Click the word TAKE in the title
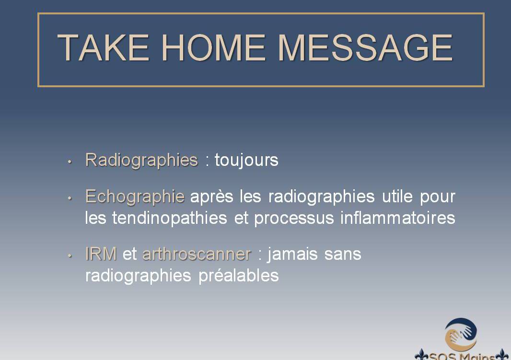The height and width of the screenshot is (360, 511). point(104,47)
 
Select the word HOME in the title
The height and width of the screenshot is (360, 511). point(213,47)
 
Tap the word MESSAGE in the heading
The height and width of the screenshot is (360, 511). point(365,47)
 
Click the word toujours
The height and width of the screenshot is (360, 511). point(246,160)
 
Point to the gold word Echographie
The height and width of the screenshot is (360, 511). point(135,197)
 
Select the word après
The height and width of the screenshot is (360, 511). point(211,197)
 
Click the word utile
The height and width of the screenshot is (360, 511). point(397,196)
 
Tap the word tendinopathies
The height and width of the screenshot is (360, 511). point(170,218)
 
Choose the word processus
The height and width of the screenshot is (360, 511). point(294,218)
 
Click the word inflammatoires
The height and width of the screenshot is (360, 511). point(397,218)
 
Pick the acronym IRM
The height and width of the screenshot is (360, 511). point(101,254)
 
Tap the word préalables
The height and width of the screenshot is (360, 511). point(239,276)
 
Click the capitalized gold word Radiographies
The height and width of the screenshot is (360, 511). point(142,160)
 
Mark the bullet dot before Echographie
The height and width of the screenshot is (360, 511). point(70,198)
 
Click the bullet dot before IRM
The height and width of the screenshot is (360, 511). point(70,256)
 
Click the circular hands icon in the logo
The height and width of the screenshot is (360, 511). point(461,335)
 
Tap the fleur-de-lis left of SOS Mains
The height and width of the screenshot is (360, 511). point(421,355)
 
